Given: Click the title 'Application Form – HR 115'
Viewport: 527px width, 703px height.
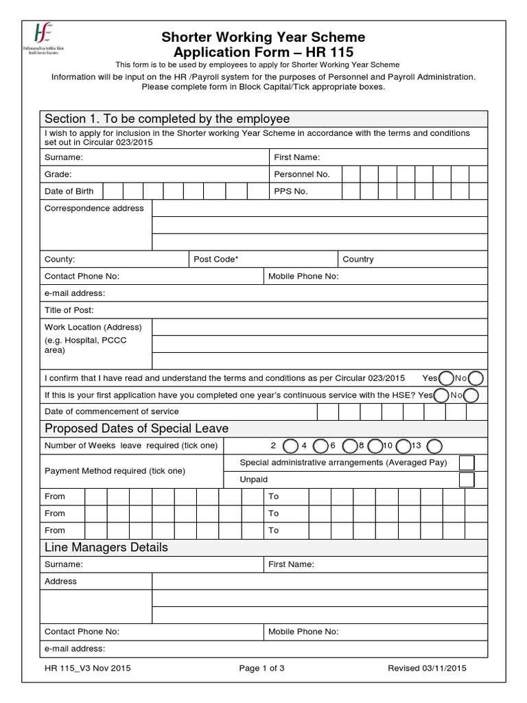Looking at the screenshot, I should (x=263, y=52).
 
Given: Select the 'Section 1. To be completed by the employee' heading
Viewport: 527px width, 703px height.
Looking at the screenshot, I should (x=167, y=119).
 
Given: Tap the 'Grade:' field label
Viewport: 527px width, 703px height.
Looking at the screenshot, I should (x=58, y=174).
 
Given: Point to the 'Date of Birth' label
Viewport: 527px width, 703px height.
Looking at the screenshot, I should (x=69, y=191).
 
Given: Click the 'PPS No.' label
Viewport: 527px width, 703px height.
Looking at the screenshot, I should (x=291, y=191).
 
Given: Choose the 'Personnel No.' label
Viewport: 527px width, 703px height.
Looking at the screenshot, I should (x=302, y=174).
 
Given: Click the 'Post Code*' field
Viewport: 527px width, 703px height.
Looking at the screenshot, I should (x=263, y=260).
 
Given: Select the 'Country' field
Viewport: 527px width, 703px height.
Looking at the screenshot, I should (x=412, y=260).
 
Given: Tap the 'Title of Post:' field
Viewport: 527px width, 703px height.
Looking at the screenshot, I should (x=263, y=310).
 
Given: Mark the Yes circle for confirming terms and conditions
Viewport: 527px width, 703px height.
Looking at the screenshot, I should (x=446, y=378).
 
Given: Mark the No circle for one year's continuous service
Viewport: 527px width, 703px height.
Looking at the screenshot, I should (x=471, y=395).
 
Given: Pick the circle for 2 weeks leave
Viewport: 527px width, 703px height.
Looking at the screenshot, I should (x=290, y=446).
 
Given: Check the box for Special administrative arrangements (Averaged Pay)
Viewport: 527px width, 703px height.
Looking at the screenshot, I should (x=467, y=463).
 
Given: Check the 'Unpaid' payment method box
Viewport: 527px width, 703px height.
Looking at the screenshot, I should (x=467, y=479).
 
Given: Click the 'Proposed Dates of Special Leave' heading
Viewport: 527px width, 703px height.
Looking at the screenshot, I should (x=137, y=428).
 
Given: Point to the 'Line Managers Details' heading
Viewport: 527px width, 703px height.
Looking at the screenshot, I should (x=106, y=547).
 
